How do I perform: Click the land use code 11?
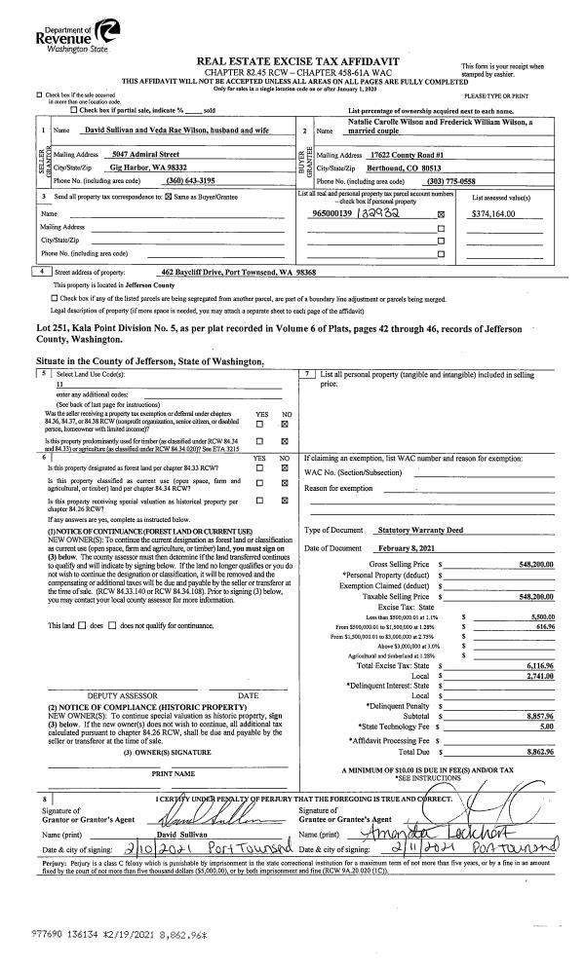60,386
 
